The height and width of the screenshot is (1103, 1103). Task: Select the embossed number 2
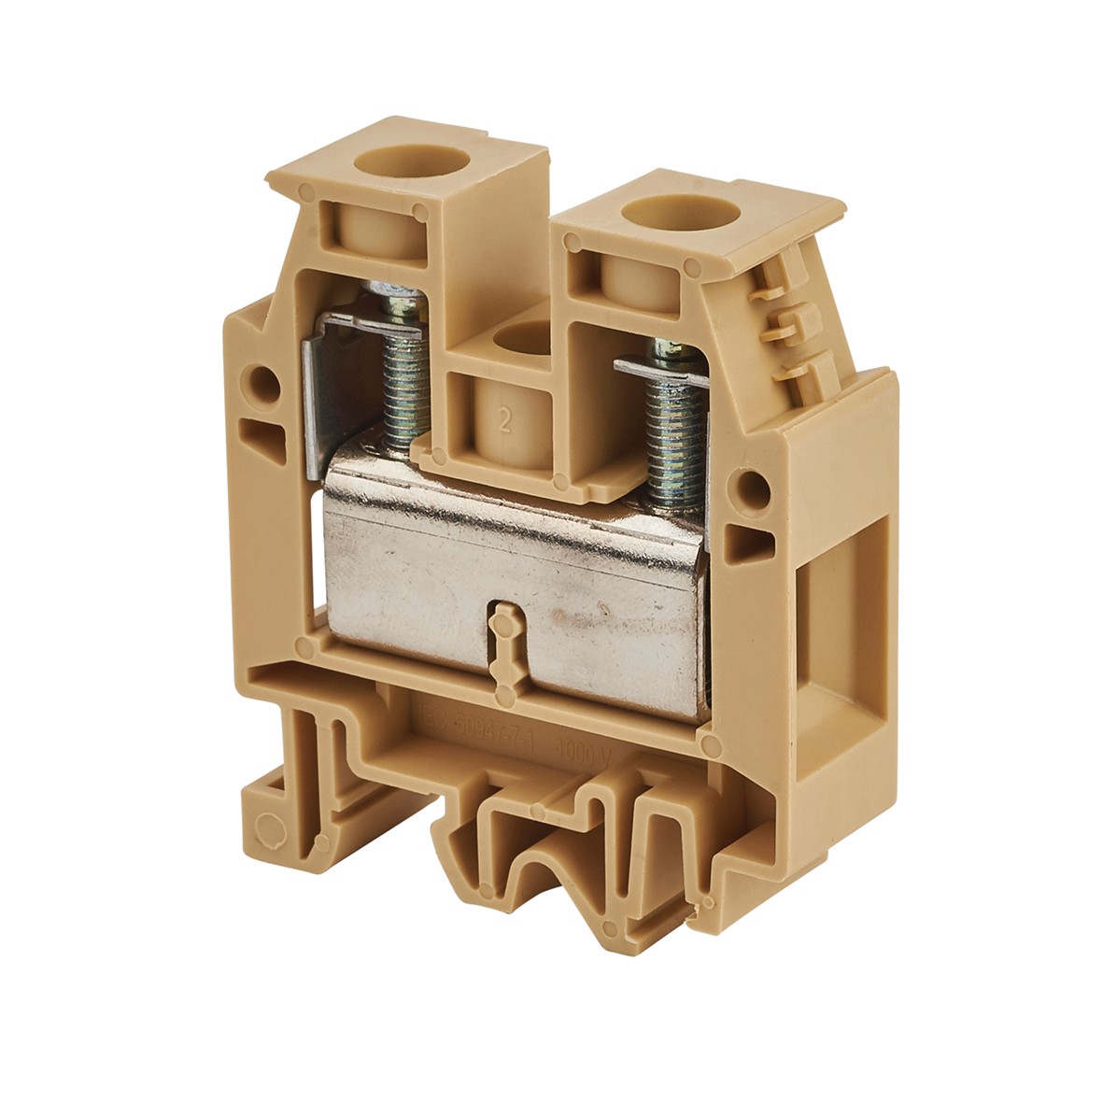coord(505,418)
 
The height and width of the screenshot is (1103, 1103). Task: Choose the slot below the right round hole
coord(749,542)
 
